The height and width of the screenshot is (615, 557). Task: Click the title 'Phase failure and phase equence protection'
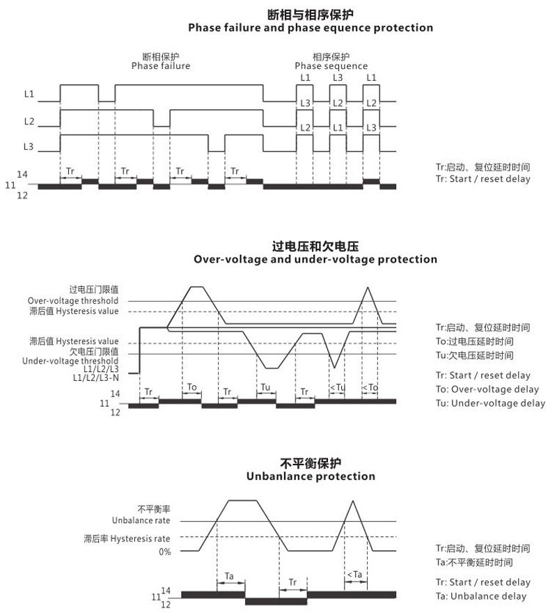[x=311, y=28]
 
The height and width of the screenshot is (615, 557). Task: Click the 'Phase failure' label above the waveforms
[x=161, y=66]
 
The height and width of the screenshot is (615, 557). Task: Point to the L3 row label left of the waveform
[x=29, y=146]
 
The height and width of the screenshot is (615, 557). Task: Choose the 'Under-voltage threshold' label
[x=70, y=361]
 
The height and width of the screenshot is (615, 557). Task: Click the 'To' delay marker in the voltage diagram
[x=192, y=387]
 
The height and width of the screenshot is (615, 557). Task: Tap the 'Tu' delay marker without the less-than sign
[x=265, y=387]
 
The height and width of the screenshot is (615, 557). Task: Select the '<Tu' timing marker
[x=337, y=387]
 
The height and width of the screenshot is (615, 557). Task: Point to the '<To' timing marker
[x=371, y=387]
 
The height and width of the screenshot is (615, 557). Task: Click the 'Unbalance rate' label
[x=141, y=520]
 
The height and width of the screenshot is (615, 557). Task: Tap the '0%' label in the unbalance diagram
[x=164, y=552]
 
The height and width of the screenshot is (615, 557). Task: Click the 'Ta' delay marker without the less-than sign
[x=230, y=576]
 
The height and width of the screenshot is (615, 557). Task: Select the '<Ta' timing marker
[x=354, y=575]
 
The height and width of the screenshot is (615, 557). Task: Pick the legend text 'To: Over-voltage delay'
[x=487, y=389]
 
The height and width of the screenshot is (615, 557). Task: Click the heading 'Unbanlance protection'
[x=311, y=476]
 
